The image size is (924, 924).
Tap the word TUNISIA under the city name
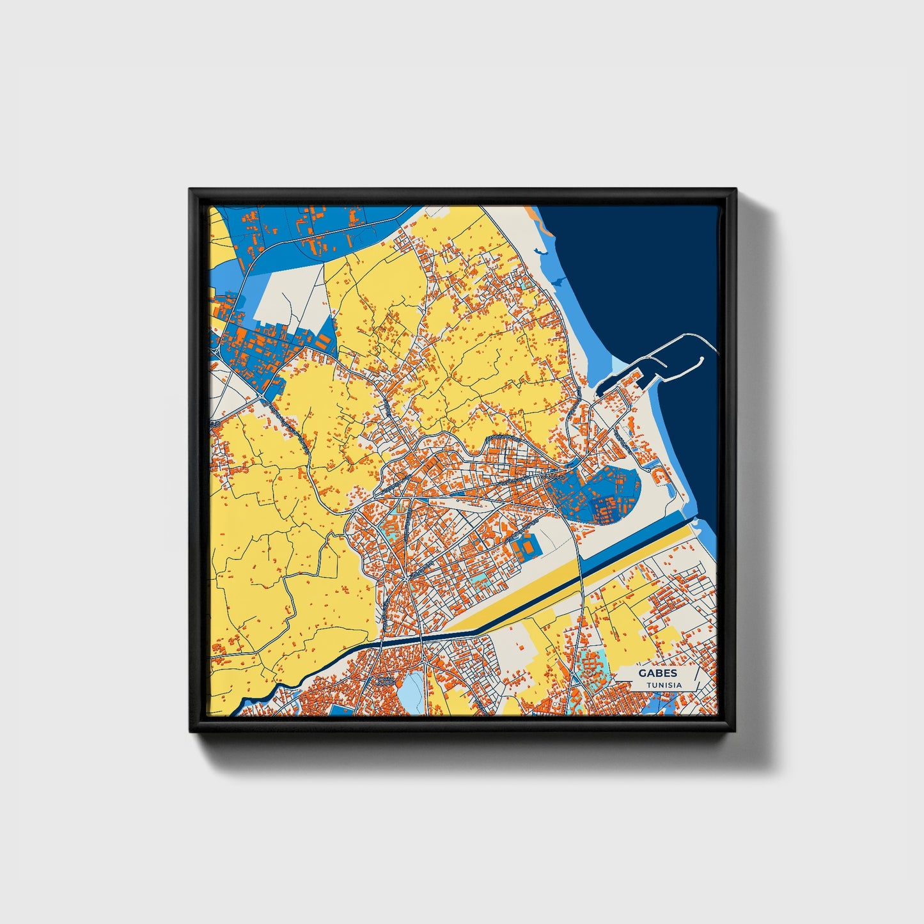point(664,685)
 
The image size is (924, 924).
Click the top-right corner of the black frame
point(735,190)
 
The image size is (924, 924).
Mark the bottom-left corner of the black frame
point(191,730)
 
